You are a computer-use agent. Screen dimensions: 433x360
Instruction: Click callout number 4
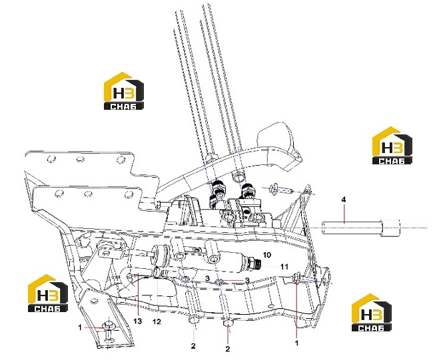344,200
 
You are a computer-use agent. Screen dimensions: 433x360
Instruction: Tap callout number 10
266,255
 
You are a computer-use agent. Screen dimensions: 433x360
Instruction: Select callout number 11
284,267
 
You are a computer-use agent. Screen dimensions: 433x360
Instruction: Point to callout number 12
157,321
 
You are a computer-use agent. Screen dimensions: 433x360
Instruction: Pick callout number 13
137,321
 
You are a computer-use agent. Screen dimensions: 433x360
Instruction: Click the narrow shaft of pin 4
352,228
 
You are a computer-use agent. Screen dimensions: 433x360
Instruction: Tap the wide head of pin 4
390,228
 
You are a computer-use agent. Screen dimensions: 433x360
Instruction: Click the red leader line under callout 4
344,213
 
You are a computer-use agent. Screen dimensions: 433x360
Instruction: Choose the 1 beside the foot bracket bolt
80,327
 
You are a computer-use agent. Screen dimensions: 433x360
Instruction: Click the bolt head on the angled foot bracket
109,326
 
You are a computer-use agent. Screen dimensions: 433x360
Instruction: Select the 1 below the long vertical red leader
297,343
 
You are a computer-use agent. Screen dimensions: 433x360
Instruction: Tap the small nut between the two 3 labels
219,281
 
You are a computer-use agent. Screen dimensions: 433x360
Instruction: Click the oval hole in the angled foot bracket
94,300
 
